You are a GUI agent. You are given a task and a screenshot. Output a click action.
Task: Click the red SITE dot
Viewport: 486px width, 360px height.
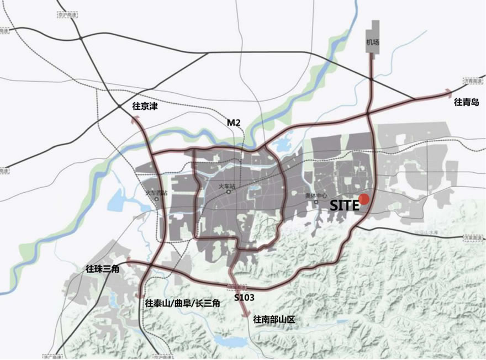(363, 200)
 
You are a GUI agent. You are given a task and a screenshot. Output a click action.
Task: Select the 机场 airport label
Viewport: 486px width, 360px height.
(373, 42)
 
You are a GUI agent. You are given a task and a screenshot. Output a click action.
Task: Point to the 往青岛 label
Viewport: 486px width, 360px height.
(466, 102)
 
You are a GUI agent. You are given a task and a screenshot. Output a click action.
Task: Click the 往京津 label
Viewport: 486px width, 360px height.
(145, 106)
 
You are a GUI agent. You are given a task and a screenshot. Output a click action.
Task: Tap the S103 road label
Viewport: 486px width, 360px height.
(244, 297)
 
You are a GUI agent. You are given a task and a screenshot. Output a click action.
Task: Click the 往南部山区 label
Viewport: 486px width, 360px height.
(275, 319)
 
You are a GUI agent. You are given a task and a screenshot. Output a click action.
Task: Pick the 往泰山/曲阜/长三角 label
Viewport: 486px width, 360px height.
(183, 303)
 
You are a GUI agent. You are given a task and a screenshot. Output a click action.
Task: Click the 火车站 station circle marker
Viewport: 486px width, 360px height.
(229, 193)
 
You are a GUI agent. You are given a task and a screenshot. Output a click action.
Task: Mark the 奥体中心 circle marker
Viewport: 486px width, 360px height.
(316, 202)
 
